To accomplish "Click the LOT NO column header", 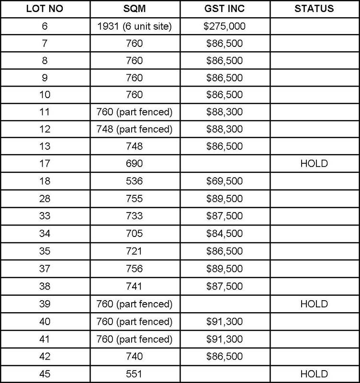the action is coord(45,9).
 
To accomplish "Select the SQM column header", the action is coord(134,9).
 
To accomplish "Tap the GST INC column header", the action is coord(225,9).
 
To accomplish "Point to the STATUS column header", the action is coord(315,9).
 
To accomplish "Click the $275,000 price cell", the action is coord(225,27).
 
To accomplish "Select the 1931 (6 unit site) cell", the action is coord(134,27).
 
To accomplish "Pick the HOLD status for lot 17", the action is coord(315,163).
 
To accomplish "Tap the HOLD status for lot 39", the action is coord(315,304).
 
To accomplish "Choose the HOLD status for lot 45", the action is coord(315,374).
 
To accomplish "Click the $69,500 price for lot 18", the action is coord(225,181).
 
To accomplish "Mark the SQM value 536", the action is coord(134,181).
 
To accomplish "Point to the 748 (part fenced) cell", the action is coord(134,128).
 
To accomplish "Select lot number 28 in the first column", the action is coord(45,199).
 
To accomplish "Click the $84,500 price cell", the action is coord(225,234).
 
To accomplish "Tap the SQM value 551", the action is coord(134,374).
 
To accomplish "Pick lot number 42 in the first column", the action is coord(45,357).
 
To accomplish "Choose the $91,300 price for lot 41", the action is coord(225,339).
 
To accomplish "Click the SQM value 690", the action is coord(134,163).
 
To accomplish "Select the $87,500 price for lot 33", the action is coord(225,216).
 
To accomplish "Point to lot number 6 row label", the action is coord(45,27).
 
